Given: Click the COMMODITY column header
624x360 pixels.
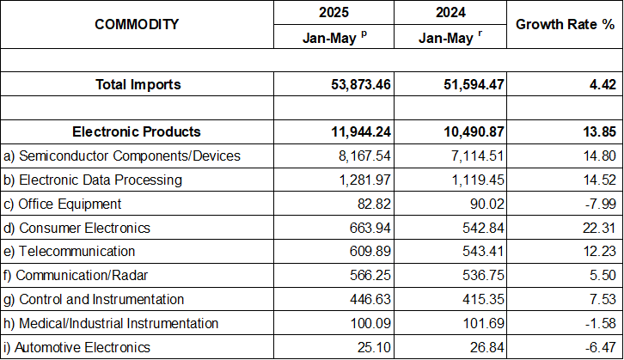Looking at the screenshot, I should [x=137, y=24].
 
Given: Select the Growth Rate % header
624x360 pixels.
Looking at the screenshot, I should [x=564, y=24].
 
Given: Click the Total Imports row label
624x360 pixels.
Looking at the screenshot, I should [x=137, y=84].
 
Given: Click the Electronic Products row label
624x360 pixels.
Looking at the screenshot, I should [x=137, y=131].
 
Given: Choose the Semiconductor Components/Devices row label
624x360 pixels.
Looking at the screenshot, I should [x=122, y=156].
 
